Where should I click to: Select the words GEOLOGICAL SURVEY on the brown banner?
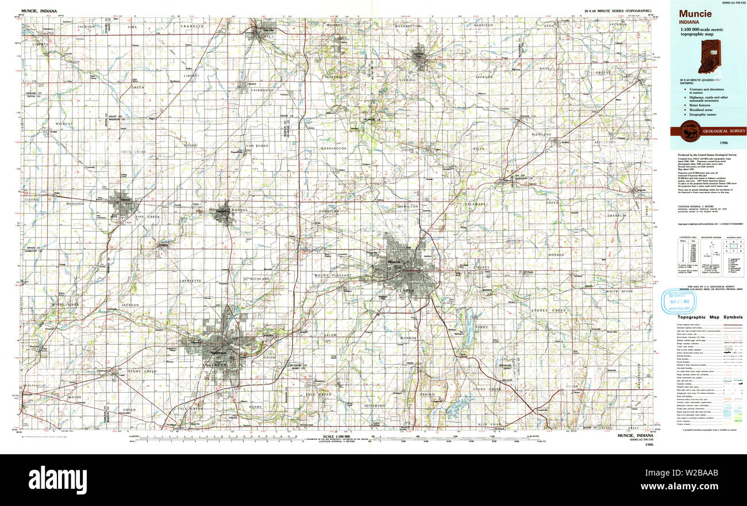pos(723,132)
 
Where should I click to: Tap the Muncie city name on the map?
pos(394,262)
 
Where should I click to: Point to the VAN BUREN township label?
pos(257,145)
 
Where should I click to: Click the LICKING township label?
pos(407,80)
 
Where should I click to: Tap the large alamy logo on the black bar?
pos(57,479)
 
